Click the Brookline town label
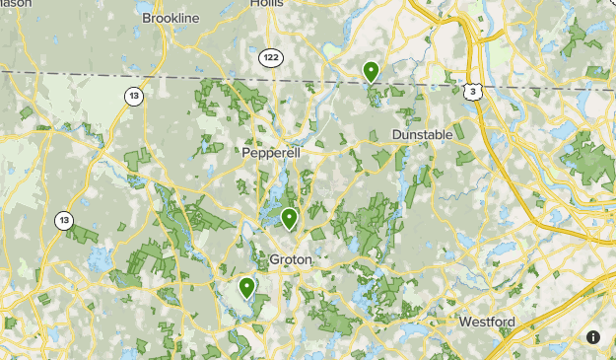[x=171, y=19]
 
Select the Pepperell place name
[x=271, y=154]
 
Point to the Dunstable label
[x=422, y=134]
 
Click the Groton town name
[x=290, y=259]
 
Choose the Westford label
[x=487, y=322]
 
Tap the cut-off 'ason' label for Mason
[x=16, y=4]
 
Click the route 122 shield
[x=271, y=59]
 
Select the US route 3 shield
[x=474, y=91]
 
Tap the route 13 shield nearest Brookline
[x=133, y=96]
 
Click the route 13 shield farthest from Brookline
[x=64, y=220]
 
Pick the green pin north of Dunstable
[x=371, y=72]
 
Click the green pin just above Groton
[x=289, y=219]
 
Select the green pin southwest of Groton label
[x=246, y=288]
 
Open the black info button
[x=592, y=337]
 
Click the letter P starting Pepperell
[x=246, y=154]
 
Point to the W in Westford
[x=465, y=322]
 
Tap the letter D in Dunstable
[x=397, y=134]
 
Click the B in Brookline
[x=147, y=19]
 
